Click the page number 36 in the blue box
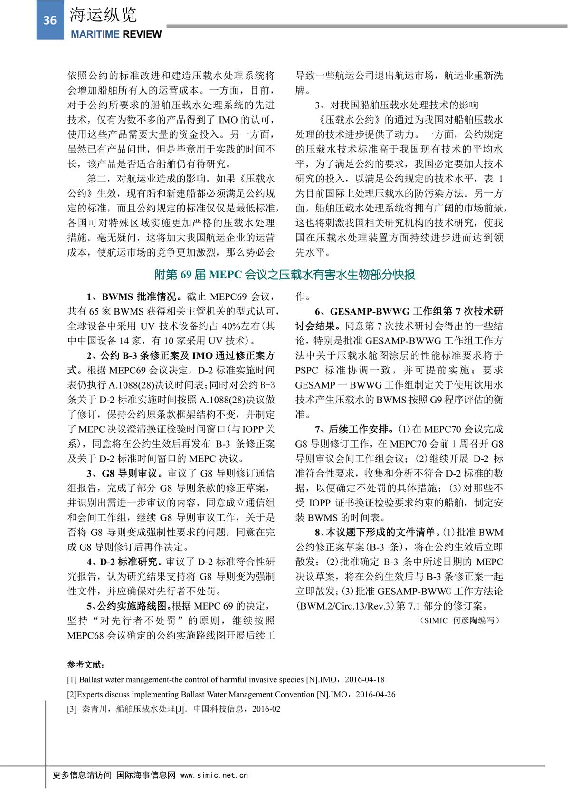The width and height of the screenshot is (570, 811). click(50, 20)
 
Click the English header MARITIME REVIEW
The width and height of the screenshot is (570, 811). click(116, 34)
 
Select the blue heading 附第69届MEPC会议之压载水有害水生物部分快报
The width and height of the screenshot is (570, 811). click(285, 275)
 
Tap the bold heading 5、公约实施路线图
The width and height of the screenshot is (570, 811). click(128, 606)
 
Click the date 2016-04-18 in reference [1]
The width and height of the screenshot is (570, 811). click(364, 679)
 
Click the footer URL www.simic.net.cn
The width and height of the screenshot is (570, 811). click(214, 775)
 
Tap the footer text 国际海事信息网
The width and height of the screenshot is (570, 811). click(146, 775)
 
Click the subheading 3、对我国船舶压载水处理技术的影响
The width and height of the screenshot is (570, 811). click(396, 105)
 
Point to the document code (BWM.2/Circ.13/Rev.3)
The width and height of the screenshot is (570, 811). click(341, 606)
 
